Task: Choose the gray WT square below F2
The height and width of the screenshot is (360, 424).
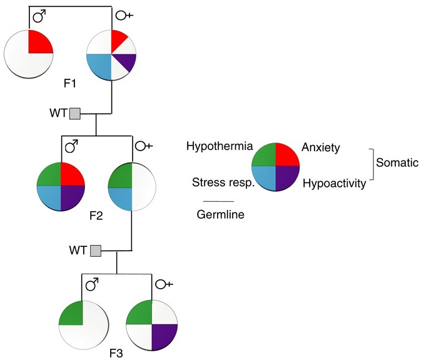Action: pos(95,251)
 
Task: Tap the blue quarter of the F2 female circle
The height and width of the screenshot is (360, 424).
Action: pos(120,199)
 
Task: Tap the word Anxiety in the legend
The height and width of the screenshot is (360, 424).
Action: pos(320,147)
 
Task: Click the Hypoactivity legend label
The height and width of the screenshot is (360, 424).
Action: pos(333,183)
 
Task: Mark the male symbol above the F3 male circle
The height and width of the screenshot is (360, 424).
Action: pos(93,285)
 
